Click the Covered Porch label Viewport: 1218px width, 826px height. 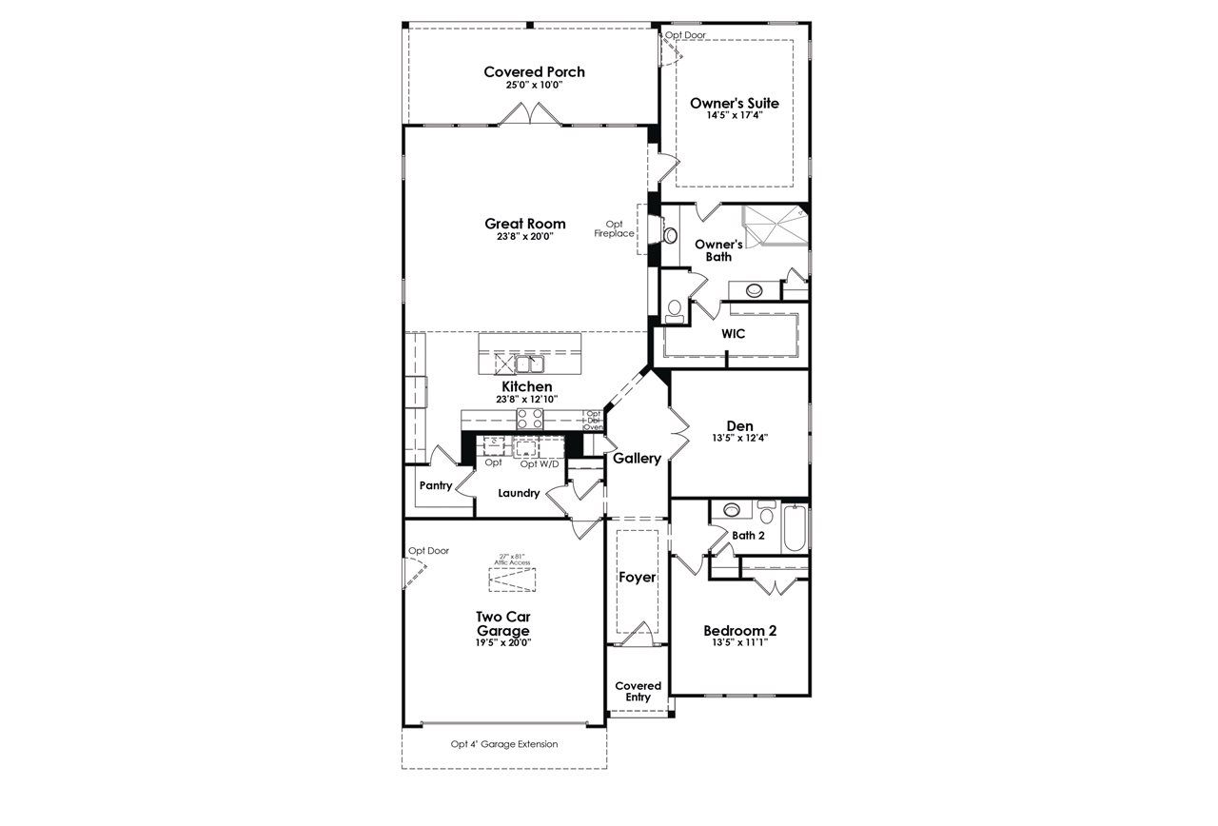click(x=534, y=72)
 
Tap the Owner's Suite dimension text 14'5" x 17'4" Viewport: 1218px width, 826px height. click(x=734, y=115)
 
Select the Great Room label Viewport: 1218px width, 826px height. click(x=524, y=224)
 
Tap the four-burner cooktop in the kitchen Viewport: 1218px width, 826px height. click(x=529, y=419)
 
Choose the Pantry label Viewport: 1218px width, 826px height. click(x=435, y=485)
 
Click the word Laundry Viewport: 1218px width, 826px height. click(x=519, y=493)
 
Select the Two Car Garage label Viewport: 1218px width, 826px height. click(x=502, y=623)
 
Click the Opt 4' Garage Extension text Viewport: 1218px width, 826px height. click(x=504, y=744)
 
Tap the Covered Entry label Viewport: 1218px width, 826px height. click(x=638, y=691)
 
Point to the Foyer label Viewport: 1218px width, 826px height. click(x=637, y=578)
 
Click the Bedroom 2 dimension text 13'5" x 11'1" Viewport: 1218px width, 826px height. click(x=739, y=642)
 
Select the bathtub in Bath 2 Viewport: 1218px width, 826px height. click(x=796, y=529)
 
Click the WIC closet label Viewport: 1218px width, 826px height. click(x=733, y=334)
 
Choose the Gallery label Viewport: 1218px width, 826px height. click(x=637, y=459)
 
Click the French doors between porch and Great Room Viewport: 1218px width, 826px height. click(x=534, y=116)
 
